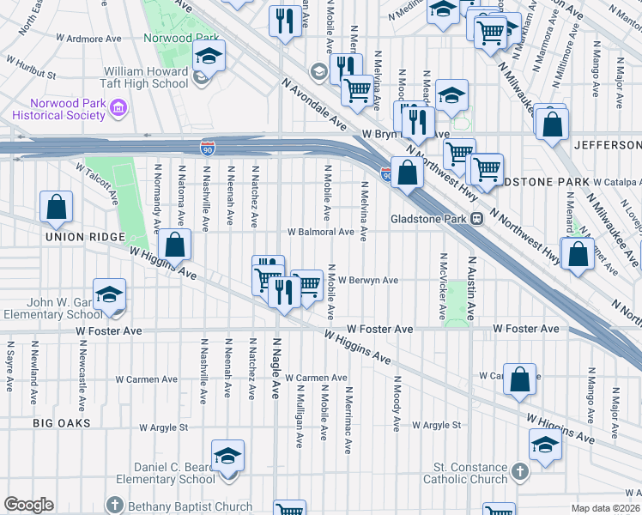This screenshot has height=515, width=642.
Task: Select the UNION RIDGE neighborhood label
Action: [85, 237]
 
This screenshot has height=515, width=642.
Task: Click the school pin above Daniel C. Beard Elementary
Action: [228, 455]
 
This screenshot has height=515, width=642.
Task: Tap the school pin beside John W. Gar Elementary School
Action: [109, 294]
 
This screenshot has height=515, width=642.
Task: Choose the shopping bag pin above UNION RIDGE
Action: [56, 207]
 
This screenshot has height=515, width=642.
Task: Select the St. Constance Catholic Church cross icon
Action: [519, 472]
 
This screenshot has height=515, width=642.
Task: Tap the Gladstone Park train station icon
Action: [476, 219]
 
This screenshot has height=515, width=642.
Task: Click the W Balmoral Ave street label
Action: [320, 232]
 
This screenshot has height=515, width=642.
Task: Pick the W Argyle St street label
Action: [436, 425]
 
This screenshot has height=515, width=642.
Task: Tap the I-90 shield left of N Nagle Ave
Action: [207, 148]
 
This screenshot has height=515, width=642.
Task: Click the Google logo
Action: [28, 505]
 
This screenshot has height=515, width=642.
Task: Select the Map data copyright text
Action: [606, 508]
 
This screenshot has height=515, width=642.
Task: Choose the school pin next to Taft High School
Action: [209, 57]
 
